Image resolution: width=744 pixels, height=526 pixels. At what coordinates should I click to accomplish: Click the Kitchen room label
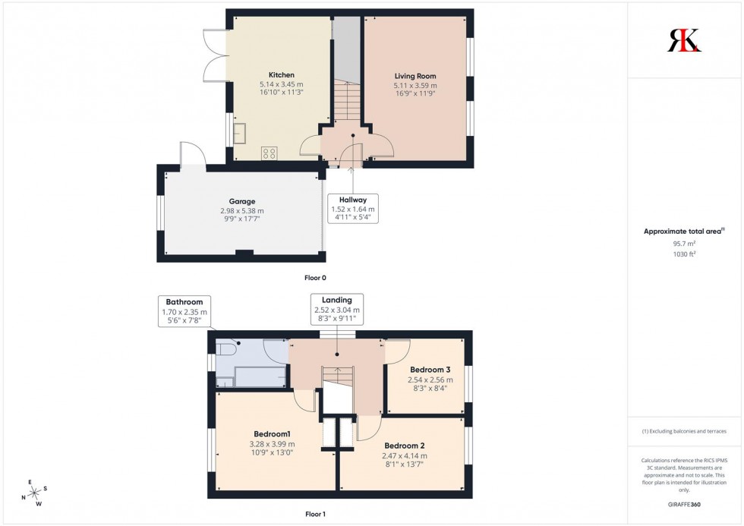tap(281, 75)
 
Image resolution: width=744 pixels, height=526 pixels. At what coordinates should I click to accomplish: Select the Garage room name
tap(241, 201)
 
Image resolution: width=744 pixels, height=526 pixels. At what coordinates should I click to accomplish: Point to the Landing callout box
tap(337, 310)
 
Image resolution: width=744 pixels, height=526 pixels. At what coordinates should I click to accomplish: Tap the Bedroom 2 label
tap(404, 446)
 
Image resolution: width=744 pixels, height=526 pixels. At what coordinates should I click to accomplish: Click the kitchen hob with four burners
tap(269, 153)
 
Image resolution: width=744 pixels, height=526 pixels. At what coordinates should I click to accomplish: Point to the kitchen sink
tap(240, 134)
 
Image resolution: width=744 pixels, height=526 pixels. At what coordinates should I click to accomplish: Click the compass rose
tap(34, 493)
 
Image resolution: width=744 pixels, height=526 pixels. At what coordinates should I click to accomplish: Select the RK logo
tap(684, 40)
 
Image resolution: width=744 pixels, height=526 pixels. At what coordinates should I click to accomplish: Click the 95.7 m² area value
tap(684, 244)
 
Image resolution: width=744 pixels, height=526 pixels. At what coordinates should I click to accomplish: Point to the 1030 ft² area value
tap(684, 254)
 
